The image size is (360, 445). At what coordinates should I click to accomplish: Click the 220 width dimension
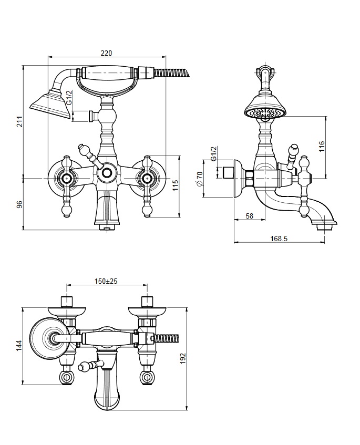tap(106, 53)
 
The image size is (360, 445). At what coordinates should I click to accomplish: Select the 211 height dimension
tap(19, 121)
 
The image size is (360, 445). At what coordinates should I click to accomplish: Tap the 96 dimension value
tap(19, 204)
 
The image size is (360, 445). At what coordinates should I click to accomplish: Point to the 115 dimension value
tap(175, 185)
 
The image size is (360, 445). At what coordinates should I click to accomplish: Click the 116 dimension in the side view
tap(322, 147)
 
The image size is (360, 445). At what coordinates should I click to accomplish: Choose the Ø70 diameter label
tap(200, 179)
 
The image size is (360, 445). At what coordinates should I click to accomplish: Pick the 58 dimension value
tap(249, 216)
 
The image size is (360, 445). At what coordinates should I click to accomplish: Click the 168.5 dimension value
tap(279, 239)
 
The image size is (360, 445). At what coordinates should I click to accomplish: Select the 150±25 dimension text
tap(106, 281)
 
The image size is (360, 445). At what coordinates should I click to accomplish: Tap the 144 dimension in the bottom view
tap(19, 346)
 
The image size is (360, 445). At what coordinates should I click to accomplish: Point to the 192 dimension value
tap(182, 358)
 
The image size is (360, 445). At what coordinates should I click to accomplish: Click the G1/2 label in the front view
tap(69, 98)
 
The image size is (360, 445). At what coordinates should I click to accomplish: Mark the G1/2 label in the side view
tap(214, 153)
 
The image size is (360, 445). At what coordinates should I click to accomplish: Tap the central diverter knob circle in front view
tap(106, 173)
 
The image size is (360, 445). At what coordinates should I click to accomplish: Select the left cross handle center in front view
tap(66, 178)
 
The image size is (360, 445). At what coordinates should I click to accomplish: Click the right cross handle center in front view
tap(147, 178)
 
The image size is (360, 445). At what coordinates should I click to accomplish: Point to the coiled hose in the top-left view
tap(171, 72)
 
